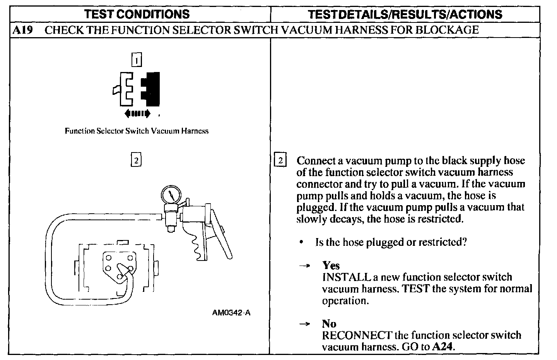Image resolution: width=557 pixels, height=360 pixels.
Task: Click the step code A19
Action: tap(22, 30)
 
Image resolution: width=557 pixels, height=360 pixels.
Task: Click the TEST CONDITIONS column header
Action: tap(137, 14)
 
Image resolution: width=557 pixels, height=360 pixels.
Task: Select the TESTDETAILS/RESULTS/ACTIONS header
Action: tap(405, 14)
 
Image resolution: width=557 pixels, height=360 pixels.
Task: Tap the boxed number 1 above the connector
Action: tap(137, 60)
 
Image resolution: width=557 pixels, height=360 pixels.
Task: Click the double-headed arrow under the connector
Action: tap(137, 113)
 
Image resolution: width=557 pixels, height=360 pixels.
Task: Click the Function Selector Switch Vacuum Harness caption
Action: tap(137, 131)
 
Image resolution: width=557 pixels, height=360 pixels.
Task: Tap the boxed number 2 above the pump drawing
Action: tap(136, 160)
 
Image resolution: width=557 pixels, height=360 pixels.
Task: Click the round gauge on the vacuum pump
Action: tap(170, 195)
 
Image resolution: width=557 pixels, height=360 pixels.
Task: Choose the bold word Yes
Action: tap(331, 266)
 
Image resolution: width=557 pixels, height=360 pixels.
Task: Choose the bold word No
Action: tap(329, 324)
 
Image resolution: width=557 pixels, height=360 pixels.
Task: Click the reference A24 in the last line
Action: tap(442, 346)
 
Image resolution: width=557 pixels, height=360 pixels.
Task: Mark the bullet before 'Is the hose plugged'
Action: tap(301, 242)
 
